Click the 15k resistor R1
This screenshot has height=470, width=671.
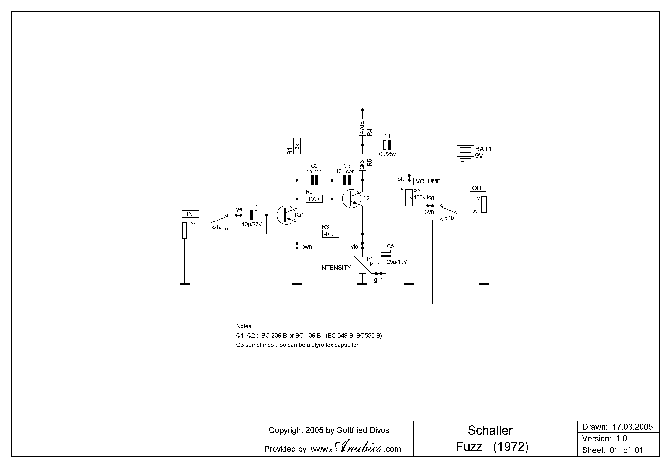297,146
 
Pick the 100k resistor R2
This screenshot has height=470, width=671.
314,199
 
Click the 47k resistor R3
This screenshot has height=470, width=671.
331,234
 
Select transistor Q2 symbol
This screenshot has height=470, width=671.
352,199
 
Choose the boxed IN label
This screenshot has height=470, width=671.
190,214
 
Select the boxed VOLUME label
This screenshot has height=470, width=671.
429,181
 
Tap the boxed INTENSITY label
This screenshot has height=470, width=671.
335,268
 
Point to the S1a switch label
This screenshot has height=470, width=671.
217,227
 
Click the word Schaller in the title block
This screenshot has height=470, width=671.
490,430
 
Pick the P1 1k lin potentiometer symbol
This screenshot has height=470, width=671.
362,265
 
